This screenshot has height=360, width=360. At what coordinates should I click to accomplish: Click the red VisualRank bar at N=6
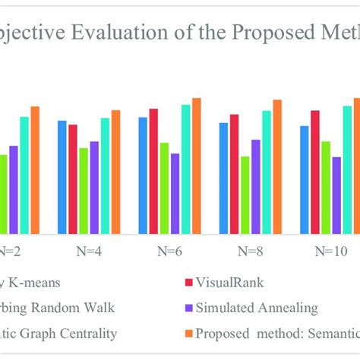153,171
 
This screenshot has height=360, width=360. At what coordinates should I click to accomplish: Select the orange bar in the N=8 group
277,166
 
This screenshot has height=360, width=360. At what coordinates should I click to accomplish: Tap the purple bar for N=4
94,187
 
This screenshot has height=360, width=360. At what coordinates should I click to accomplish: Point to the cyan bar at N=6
186,169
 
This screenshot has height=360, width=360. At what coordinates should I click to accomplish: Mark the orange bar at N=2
35,169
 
